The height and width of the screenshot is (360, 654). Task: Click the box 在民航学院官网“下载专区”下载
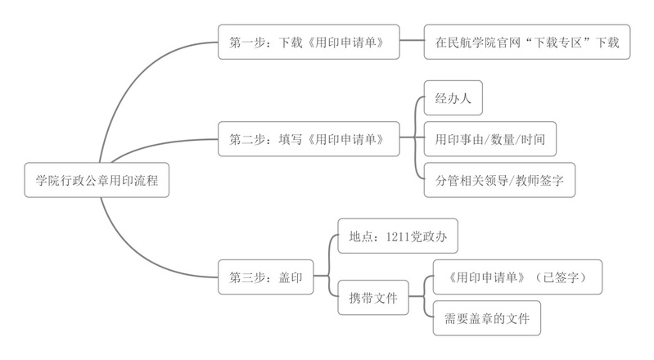(x=526, y=42)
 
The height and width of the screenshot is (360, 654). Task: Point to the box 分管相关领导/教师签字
(x=499, y=179)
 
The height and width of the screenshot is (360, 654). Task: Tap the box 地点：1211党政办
(x=397, y=236)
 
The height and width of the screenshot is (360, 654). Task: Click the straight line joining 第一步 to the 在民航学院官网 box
(x=412, y=42)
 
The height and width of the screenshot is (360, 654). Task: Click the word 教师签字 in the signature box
(x=541, y=179)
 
